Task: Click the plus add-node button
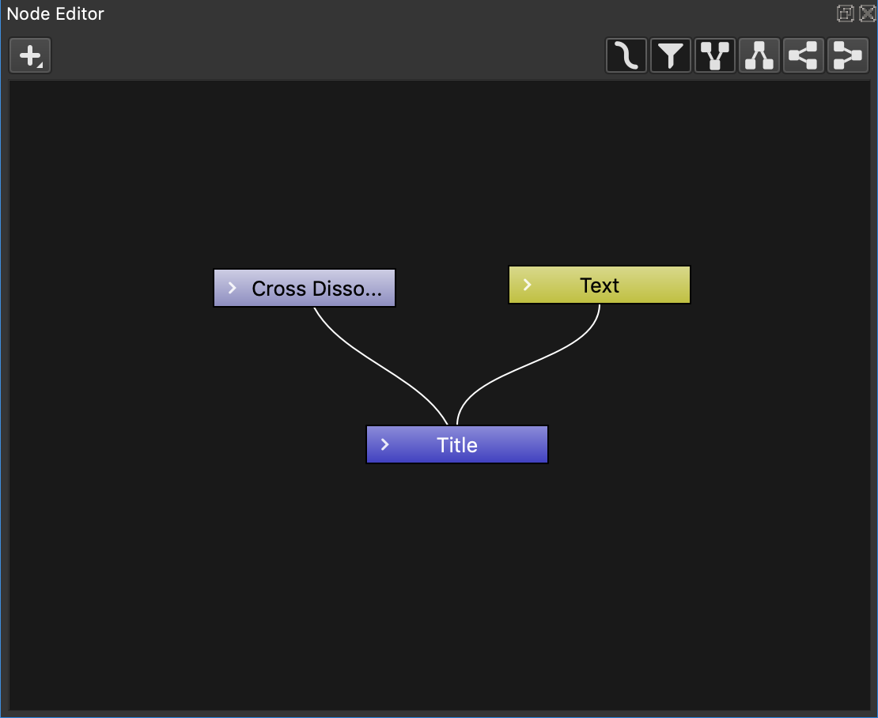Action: point(30,55)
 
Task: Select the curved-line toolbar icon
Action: point(626,55)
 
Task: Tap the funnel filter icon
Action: point(670,55)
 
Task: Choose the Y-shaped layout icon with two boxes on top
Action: point(714,55)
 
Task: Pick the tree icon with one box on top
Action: point(759,55)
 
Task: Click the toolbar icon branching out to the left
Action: point(804,55)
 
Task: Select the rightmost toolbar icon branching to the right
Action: point(848,55)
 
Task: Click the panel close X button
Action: point(868,13)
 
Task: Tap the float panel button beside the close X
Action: point(845,13)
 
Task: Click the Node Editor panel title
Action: point(55,13)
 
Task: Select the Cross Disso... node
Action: point(305,288)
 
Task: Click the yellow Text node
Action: point(599,285)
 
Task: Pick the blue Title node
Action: point(457,444)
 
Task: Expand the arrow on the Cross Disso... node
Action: point(233,288)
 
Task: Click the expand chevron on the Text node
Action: point(527,285)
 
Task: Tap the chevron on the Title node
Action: point(384,444)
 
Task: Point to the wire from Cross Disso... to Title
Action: point(380,367)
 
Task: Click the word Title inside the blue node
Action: point(457,445)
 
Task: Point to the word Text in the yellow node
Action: point(599,285)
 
